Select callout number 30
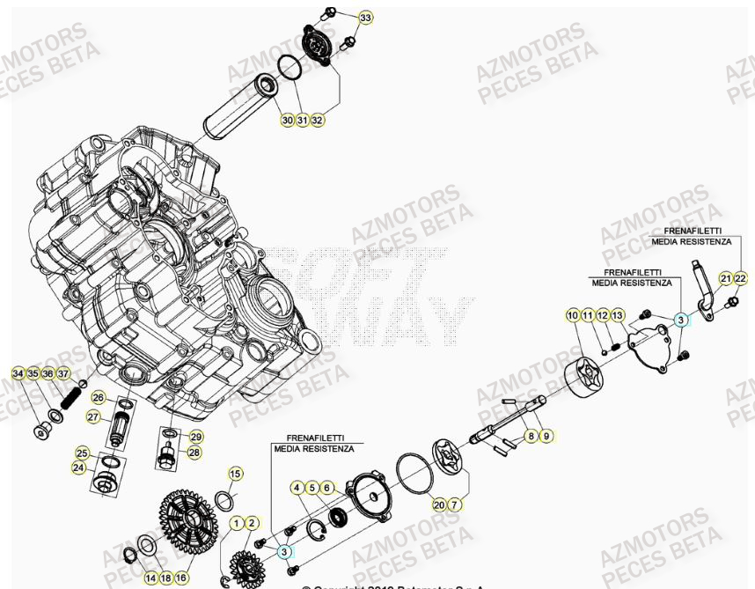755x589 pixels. pyautogui.click(x=288, y=120)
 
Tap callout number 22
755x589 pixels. pyautogui.click(x=741, y=278)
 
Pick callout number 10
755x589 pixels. pyautogui.click(x=572, y=315)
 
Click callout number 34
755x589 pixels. pyautogui.click(x=18, y=374)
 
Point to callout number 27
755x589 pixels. pyautogui.click(x=93, y=416)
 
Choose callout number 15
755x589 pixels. pyautogui.click(x=235, y=474)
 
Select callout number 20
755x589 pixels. pyautogui.click(x=439, y=504)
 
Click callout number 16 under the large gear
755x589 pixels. pyautogui.click(x=181, y=578)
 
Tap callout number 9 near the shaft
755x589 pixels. pyautogui.click(x=546, y=435)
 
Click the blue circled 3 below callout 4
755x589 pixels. pyautogui.click(x=284, y=551)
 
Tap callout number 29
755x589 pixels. pyautogui.click(x=195, y=437)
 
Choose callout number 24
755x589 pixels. pyautogui.click(x=78, y=468)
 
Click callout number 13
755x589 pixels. pyautogui.click(x=617, y=315)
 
